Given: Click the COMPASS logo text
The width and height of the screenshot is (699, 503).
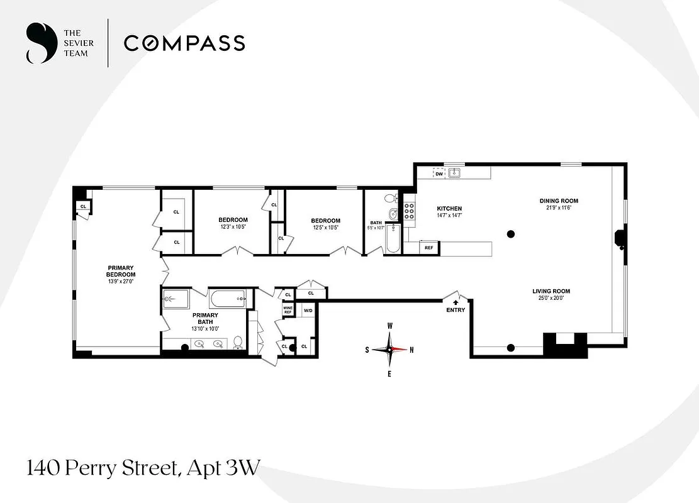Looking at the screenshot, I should point(184,43).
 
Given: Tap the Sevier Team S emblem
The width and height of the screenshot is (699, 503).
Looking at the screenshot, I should point(39,43).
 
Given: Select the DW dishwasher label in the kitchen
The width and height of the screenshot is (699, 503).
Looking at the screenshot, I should point(439,174).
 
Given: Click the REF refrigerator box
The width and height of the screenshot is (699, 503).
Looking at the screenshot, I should point(429,248).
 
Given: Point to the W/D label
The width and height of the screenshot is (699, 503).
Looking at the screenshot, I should point(308,311).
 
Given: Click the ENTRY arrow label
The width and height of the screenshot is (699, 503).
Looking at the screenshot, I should point(456,307).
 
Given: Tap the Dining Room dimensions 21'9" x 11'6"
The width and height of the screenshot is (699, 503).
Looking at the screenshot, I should point(559,208).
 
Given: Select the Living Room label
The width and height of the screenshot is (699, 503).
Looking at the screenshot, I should point(551,291).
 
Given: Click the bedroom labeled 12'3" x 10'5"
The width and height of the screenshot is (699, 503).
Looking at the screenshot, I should point(233,223).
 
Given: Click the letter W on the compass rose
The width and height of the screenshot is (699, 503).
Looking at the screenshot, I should point(390,326).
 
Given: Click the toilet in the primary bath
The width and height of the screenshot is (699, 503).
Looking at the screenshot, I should point(238,343).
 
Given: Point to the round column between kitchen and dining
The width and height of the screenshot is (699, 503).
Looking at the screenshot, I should point(512,235).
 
